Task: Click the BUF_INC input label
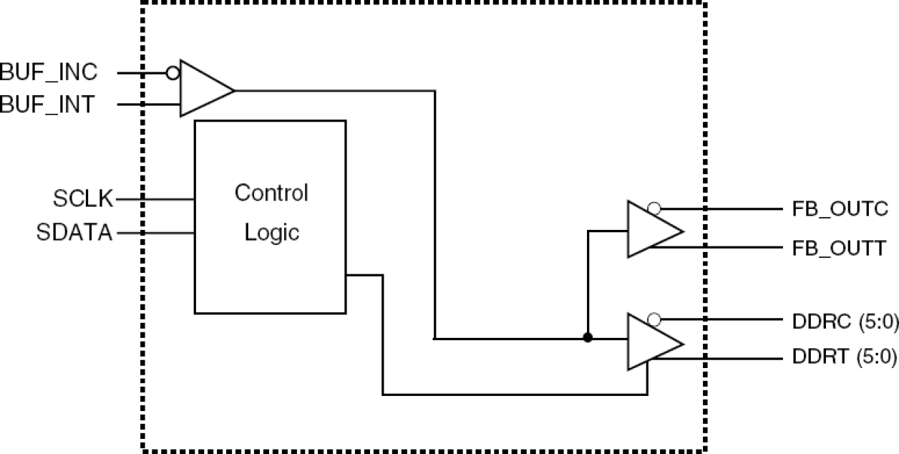pos(49,72)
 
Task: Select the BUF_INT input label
pos(47,105)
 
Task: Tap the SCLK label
pos(83,199)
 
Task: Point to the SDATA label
pos(74,232)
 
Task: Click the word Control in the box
pos(271,193)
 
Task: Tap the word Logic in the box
pos(271,232)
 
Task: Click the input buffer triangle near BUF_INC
pos(201,89)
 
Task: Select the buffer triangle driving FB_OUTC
pos(649,229)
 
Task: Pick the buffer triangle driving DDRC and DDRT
pos(649,342)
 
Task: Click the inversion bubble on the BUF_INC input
pos(172,72)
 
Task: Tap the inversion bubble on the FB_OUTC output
pos(653,208)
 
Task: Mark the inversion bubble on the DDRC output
pos(653,320)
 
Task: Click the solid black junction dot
pos(588,338)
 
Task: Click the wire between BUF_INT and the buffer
pos(148,105)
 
